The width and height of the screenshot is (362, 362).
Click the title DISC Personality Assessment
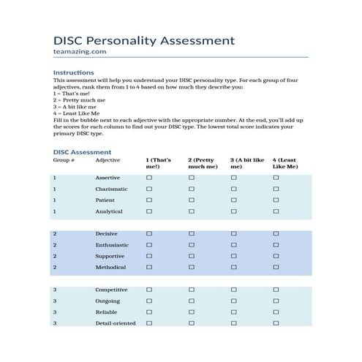pyautogui.click(x=144, y=41)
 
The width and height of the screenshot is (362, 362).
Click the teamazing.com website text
pyautogui.click(x=80, y=53)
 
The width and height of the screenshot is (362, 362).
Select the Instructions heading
pyautogui.click(x=73, y=72)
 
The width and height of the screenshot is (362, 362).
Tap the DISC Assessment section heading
pyautogui.click(x=82, y=152)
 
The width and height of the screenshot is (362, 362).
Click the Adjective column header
pyautogui.click(x=108, y=160)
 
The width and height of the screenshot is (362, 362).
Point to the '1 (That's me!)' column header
pyautogui.click(x=159, y=163)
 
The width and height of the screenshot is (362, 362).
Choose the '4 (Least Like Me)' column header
pyautogui.click(x=284, y=163)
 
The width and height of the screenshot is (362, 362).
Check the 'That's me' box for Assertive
pyautogui.click(x=149, y=178)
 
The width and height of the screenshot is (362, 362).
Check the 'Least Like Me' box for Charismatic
pyautogui.click(x=276, y=189)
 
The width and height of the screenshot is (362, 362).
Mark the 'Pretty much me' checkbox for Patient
pyautogui.click(x=192, y=200)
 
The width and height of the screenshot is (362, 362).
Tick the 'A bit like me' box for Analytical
pyautogui.click(x=234, y=211)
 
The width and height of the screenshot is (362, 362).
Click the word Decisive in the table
pyautogui.click(x=107, y=234)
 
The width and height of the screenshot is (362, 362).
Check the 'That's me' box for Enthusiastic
pyautogui.click(x=149, y=245)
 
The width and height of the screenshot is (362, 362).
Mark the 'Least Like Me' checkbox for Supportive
pyautogui.click(x=276, y=257)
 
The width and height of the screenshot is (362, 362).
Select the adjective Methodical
pyautogui.click(x=111, y=268)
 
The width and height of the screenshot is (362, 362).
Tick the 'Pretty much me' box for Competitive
pyautogui.click(x=192, y=290)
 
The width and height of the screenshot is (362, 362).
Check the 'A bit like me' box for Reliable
pyautogui.click(x=234, y=312)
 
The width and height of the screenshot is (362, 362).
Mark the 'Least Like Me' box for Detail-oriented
pyautogui.click(x=276, y=323)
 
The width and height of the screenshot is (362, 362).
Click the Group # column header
pyautogui.click(x=64, y=160)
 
